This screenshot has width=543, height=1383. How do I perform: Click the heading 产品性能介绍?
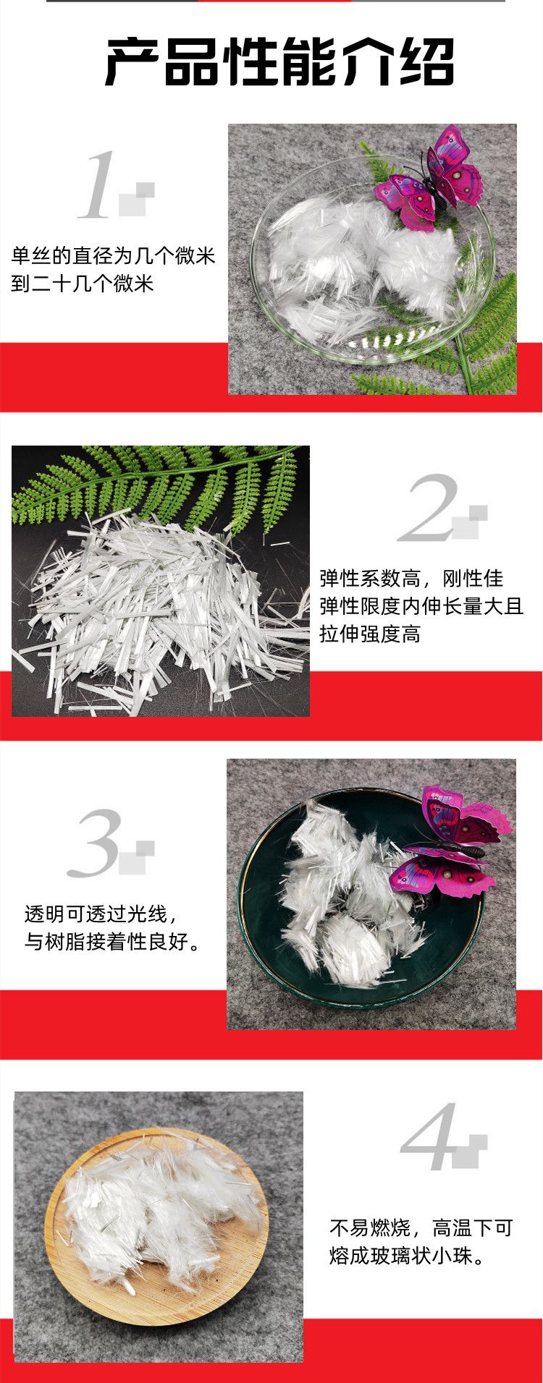[x=280, y=63]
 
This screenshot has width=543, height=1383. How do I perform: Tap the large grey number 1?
[x=98, y=184]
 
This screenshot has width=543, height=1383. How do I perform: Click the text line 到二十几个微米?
[x=83, y=283]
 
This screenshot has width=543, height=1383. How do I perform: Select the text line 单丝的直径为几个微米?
[x=113, y=255]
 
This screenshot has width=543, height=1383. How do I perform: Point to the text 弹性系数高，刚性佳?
[x=411, y=578]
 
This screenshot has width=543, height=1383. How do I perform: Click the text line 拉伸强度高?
[x=370, y=634]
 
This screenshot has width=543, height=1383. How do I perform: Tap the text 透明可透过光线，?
[x=99, y=914]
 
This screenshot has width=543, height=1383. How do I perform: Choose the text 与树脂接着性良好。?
[x=113, y=942]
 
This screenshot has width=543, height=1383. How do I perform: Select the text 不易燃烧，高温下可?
[x=421, y=1227]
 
